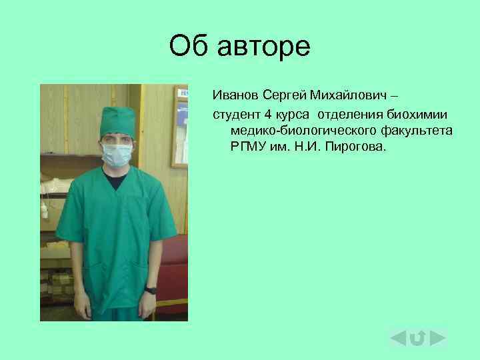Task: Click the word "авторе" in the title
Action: pyautogui.click(x=268, y=47)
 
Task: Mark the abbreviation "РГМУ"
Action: pyautogui.click(x=248, y=146)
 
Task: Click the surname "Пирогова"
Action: pyautogui.click(x=358, y=146)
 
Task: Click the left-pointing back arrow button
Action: pyautogui.click(x=399, y=338)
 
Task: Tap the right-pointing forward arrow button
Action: pyautogui.click(x=438, y=338)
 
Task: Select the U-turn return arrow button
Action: pyautogui.click(x=418, y=339)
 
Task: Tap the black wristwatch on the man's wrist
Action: pyautogui.click(x=151, y=290)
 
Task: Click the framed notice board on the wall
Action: pyautogui.click(x=179, y=127)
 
